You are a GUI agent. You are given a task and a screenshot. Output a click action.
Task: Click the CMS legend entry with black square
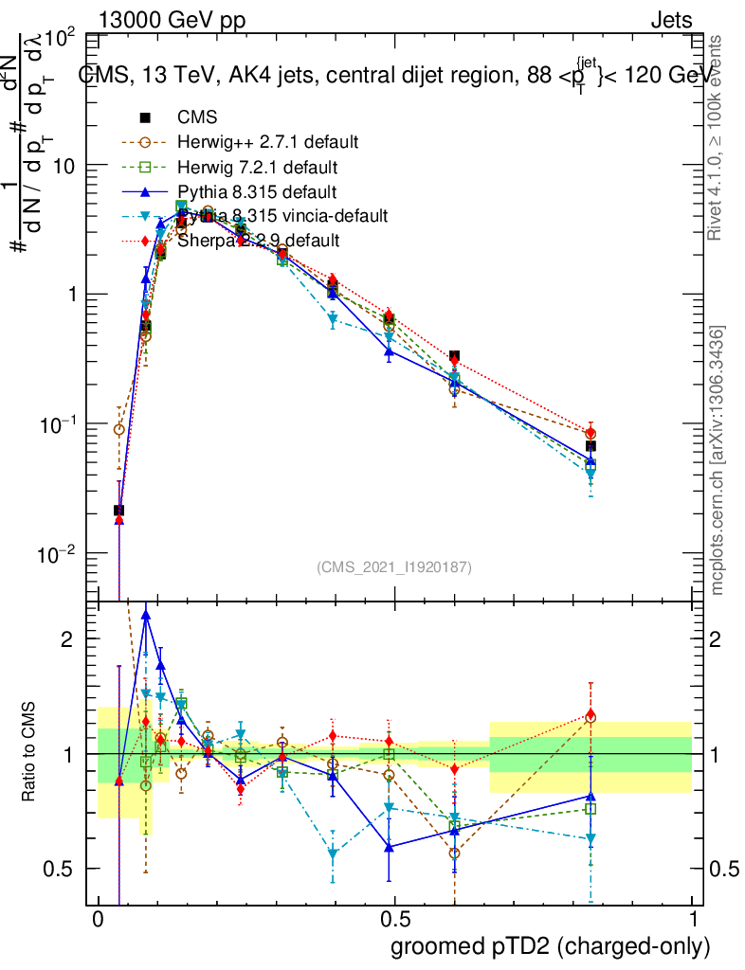pyautogui.click(x=197, y=118)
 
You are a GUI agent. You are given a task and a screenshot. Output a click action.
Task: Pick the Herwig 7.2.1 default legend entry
pyautogui.click(x=258, y=168)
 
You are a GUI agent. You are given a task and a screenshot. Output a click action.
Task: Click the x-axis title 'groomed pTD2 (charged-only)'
pyautogui.click(x=550, y=946)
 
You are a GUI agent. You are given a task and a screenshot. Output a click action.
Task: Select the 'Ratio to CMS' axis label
pyautogui.click(x=30, y=753)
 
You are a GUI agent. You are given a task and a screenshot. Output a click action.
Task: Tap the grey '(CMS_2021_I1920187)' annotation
pyautogui.click(x=394, y=566)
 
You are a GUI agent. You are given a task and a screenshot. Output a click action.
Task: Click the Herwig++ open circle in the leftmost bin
pyautogui.click(x=118, y=429)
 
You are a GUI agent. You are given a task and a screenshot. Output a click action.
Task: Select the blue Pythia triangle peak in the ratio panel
pyautogui.click(x=146, y=615)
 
